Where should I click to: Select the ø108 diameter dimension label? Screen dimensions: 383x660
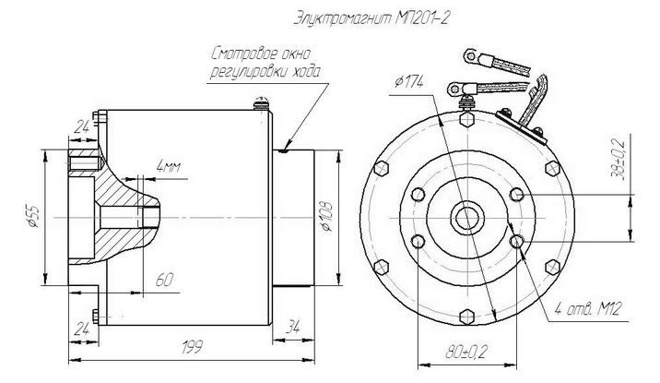coord(325,212)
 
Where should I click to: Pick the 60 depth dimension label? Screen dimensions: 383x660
coord(163,277)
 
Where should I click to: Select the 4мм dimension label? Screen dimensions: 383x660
coord(170,166)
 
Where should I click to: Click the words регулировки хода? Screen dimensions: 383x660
coord(267,71)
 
